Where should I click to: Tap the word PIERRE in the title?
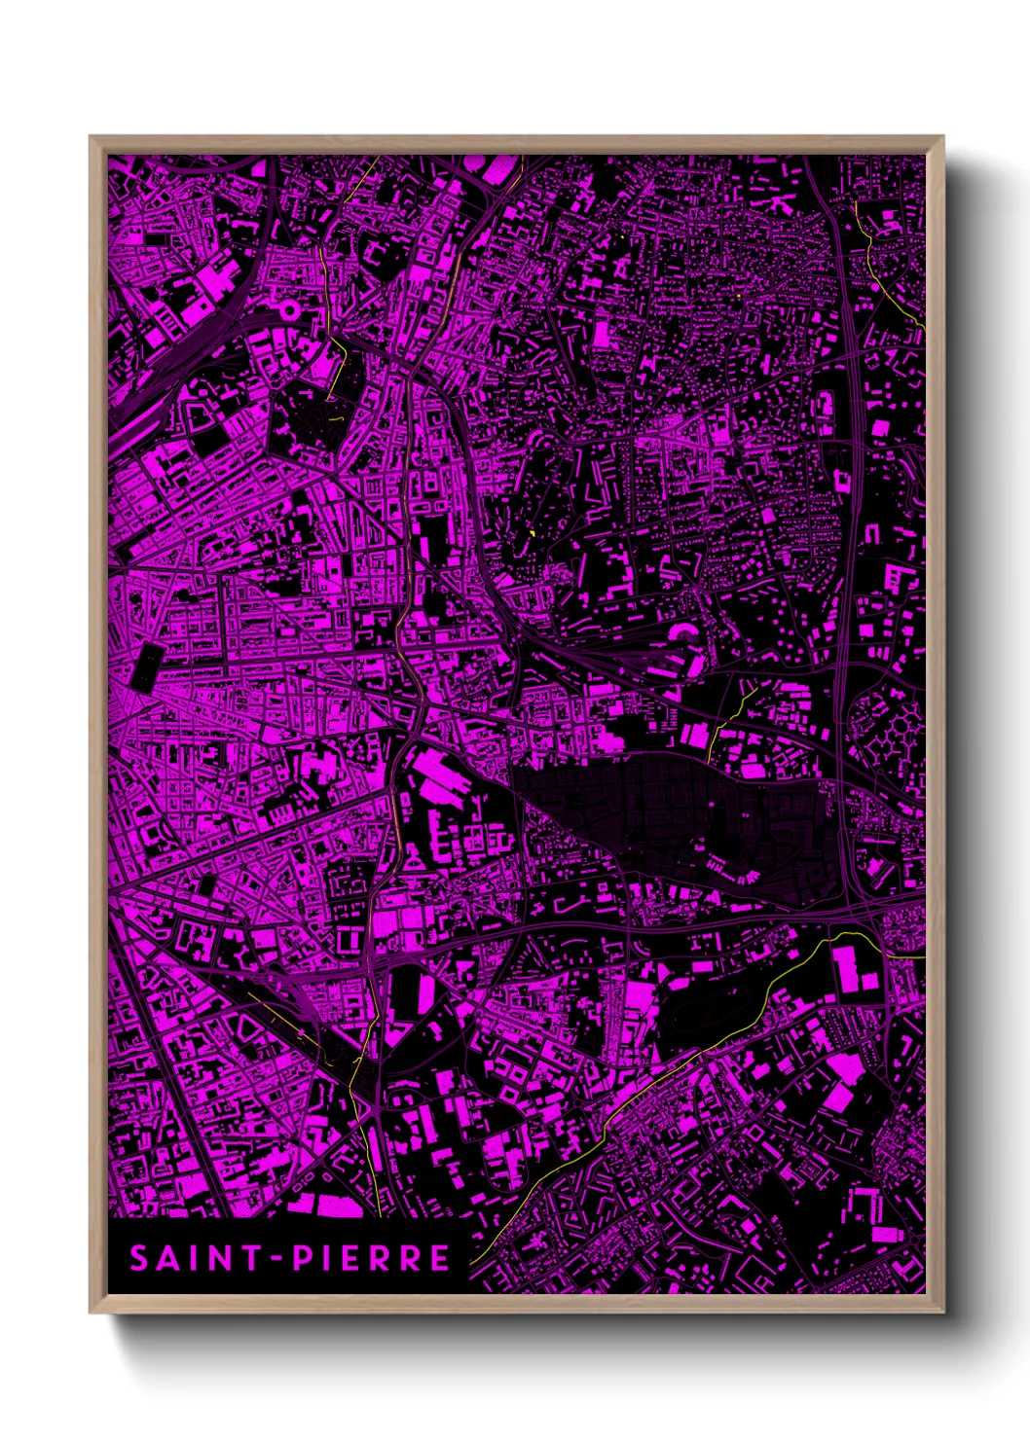372,1258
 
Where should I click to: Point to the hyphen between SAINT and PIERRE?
277,1259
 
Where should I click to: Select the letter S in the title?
139,1258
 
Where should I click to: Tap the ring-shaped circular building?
288,310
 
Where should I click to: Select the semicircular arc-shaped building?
684,632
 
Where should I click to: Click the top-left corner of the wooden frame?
92,138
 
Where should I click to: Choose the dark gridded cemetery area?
681,808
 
